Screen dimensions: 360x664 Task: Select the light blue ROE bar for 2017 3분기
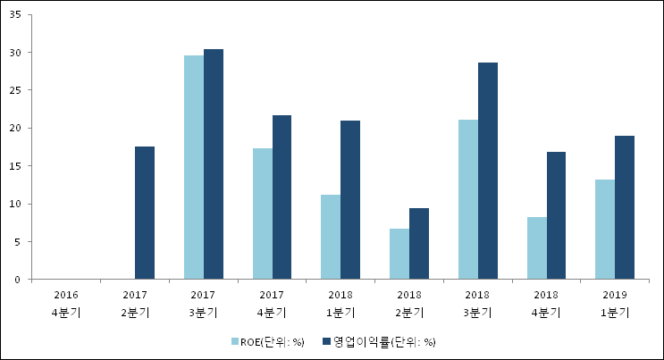(193, 167)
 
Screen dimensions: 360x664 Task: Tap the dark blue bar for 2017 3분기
(214, 164)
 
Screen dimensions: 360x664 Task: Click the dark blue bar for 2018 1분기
(350, 200)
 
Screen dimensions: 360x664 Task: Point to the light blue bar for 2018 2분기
(399, 254)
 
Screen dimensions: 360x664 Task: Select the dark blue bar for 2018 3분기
(488, 171)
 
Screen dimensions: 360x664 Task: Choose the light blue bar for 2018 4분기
(536, 248)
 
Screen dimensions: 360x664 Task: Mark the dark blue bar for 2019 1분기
(625, 207)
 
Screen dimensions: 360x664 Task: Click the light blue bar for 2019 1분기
(605, 230)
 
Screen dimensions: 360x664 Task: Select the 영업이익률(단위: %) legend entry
(379, 341)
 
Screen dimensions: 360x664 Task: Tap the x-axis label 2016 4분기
(66, 303)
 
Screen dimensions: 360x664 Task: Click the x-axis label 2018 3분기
(478, 303)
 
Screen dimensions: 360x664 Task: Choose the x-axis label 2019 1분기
(615, 303)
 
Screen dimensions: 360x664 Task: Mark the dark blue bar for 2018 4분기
(556, 215)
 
